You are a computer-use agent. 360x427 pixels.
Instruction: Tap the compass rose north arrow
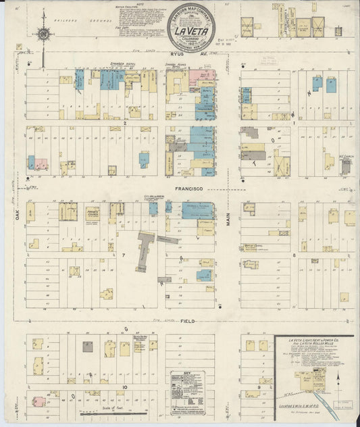click(43, 30)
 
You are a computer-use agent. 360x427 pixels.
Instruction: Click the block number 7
click(124, 255)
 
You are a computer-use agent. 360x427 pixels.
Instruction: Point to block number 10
click(125, 386)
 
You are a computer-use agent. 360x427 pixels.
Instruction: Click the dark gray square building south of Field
click(88, 346)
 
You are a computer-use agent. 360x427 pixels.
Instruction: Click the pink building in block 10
click(41, 401)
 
